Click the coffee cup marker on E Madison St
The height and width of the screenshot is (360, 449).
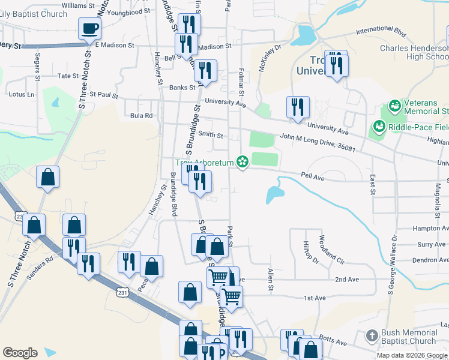89,28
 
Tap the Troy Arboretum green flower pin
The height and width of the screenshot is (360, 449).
243,161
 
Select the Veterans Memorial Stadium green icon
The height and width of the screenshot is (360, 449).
394,107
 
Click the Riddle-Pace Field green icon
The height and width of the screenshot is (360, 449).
379,127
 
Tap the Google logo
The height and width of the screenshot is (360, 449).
20,353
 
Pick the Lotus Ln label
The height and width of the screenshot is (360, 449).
22,95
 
